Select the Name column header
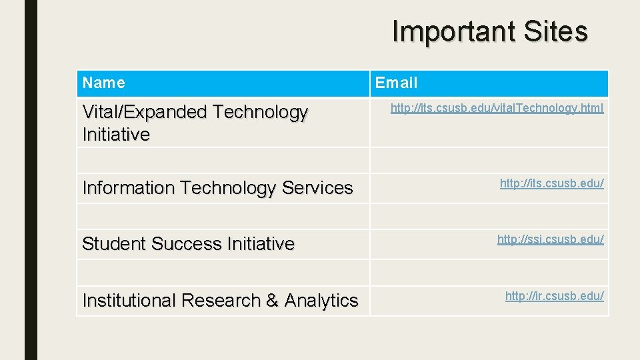click(103, 83)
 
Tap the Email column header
click(396, 83)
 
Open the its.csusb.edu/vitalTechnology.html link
click(497, 107)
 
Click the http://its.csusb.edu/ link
click(551, 182)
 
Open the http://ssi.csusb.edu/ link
click(550, 239)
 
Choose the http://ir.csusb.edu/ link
click(554, 295)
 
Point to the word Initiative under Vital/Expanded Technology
click(116, 135)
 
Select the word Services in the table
click(317, 189)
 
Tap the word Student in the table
click(114, 245)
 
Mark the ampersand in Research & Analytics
click(272, 301)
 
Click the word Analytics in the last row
click(321, 301)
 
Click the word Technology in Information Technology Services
click(227, 189)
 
